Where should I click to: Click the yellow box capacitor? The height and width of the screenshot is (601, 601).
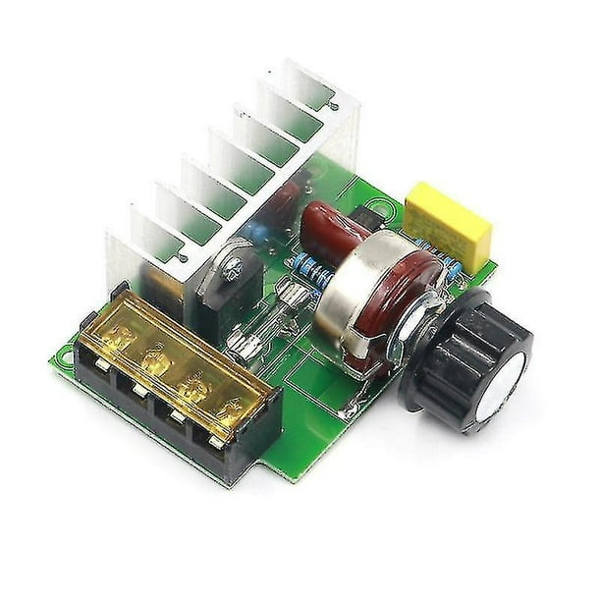coord(448,225)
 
